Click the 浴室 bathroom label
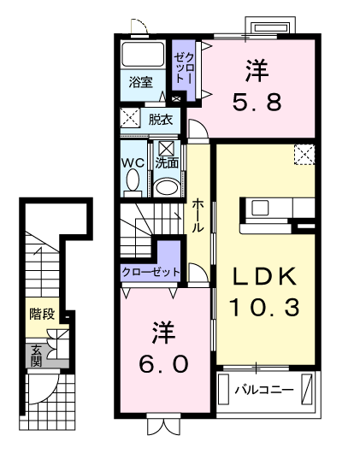[x=141, y=82]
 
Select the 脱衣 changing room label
[x=160, y=119]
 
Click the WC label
[x=132, y=162]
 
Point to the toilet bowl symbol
[x=133, y=182]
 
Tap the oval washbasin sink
[x=167, y=186]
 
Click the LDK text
[x=265, y=275]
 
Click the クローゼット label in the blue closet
[x=151, y=271]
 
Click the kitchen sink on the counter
[x=260, y=207]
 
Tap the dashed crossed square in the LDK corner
[x=305, y=155]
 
